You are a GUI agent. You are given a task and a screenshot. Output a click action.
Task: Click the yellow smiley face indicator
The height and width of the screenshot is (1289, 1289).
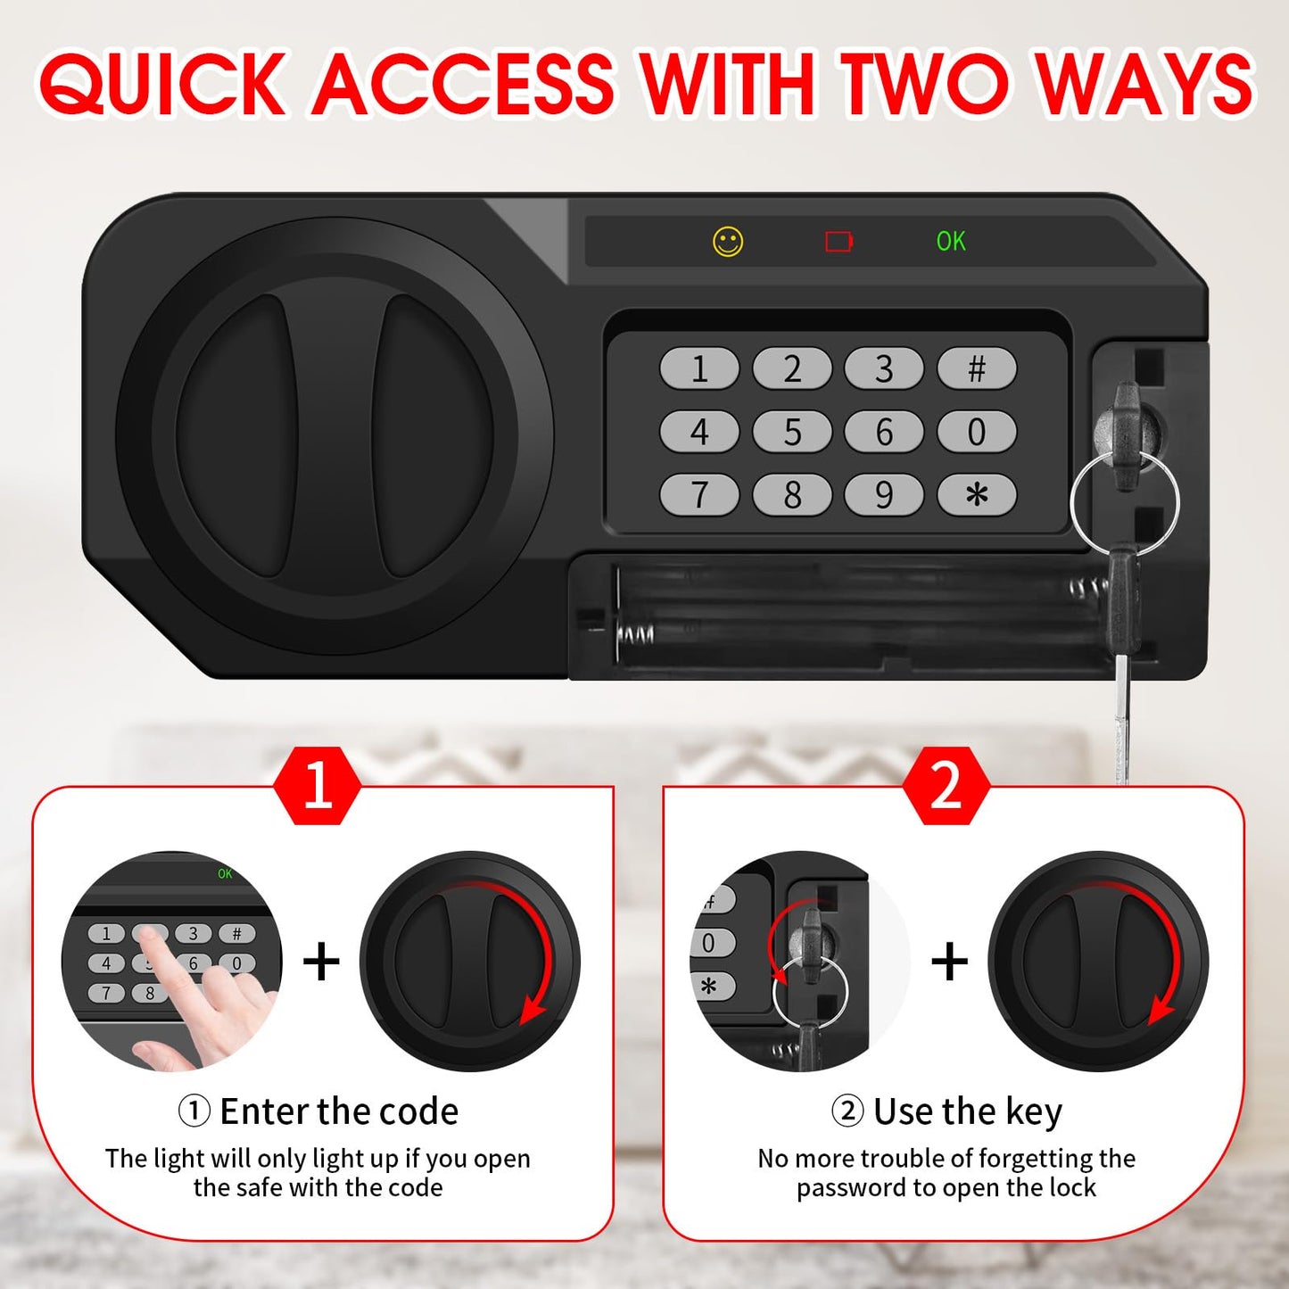point(728,242)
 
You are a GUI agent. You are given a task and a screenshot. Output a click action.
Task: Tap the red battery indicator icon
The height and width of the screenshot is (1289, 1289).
point(839,242)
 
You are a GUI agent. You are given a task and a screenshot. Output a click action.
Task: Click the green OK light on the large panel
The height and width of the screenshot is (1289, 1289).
point(951,242)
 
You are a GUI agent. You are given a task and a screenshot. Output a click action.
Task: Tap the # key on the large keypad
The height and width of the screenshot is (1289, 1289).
point(977,368)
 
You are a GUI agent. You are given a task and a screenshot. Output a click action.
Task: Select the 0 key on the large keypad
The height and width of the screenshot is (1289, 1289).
point(977,432)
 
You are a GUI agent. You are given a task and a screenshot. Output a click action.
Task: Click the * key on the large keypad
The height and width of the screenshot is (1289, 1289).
point(977,495)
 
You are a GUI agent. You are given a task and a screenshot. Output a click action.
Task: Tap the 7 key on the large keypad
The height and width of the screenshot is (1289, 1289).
point(699,495)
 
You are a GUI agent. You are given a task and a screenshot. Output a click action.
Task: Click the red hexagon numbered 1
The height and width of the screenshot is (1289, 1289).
point(318,786)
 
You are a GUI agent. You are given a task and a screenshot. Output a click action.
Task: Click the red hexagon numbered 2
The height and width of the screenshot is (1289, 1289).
point(946,786)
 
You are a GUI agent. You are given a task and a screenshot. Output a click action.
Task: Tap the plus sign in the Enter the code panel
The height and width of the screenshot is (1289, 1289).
point(321,962)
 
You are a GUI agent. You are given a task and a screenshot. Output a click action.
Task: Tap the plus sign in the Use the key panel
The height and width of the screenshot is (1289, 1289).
point(949,962)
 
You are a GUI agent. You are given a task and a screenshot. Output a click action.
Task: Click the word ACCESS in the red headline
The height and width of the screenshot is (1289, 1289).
point(464,84)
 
